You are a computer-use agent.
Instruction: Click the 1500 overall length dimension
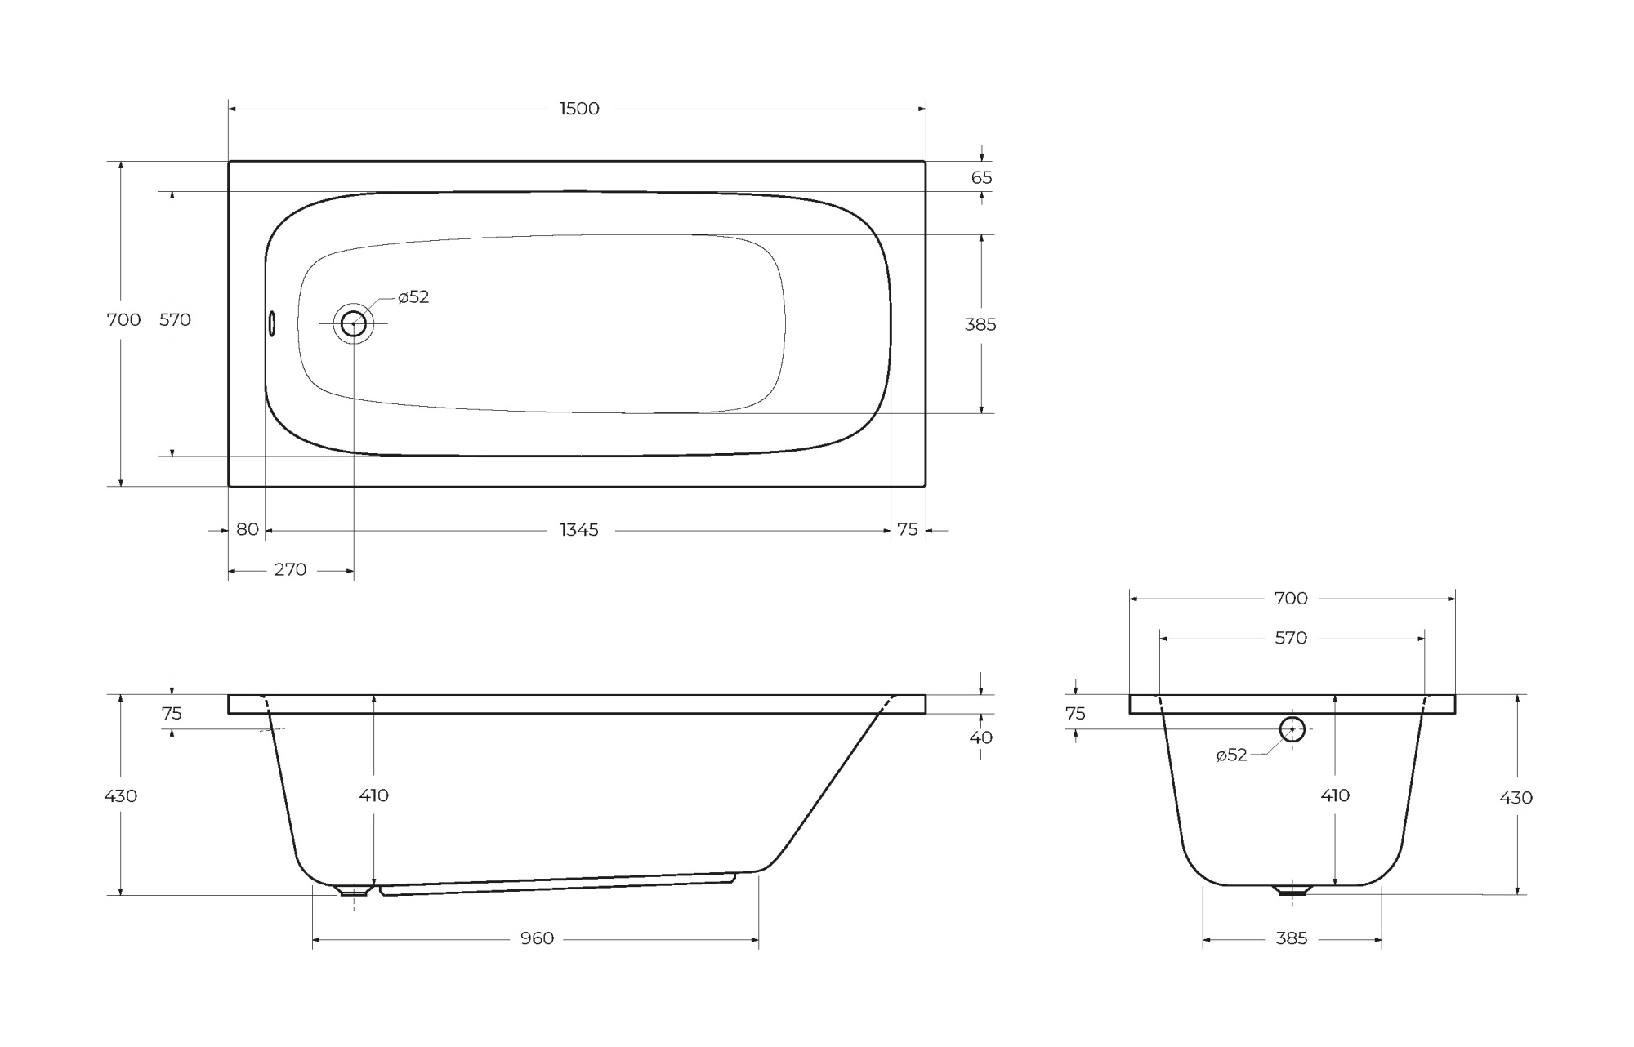tap(578, 109)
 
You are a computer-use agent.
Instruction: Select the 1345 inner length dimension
tap(578, 530)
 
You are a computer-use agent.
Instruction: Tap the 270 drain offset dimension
tap(290, 569)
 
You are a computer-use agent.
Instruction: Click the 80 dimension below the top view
tap(247, 529)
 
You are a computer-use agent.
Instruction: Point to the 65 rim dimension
tap(982, 177)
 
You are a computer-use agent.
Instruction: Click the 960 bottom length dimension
tap(537, 939)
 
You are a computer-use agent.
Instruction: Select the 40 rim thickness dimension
tap(980, 737)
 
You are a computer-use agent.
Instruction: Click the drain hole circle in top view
tap(353, 323)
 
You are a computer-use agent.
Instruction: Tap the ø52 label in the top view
tap(413, 297)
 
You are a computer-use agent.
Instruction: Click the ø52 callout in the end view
tap(1231, 755)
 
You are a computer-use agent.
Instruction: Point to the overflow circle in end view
tap(1292, 729)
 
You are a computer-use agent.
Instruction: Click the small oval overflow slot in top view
tap(272, 323)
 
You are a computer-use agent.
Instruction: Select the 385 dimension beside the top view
tap(980, 324)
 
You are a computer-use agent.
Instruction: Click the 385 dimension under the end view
tap(1291, 939)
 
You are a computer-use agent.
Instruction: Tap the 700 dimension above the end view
tap(1291, 599)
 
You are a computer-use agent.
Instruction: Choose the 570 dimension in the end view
tap(1291, 638)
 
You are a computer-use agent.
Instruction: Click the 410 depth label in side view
tap(373, 795)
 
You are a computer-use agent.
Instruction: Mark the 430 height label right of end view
tap(1516, 798)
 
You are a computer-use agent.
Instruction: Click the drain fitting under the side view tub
tap(354, 890)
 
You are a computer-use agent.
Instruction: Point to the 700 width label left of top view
tap(123, 320)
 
